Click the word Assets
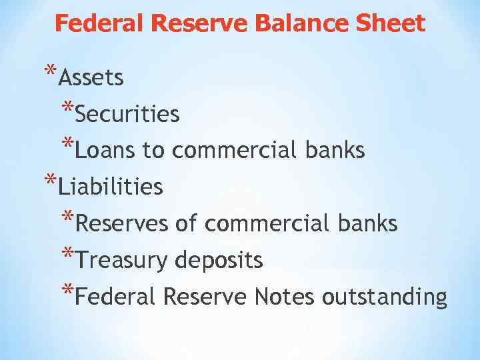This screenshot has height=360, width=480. coord(91,79)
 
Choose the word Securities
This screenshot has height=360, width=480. coord(127,115)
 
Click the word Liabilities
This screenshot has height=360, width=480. coord(110,187)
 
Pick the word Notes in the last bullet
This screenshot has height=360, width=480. coord(285,297)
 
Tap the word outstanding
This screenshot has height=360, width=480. coord(384,297)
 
